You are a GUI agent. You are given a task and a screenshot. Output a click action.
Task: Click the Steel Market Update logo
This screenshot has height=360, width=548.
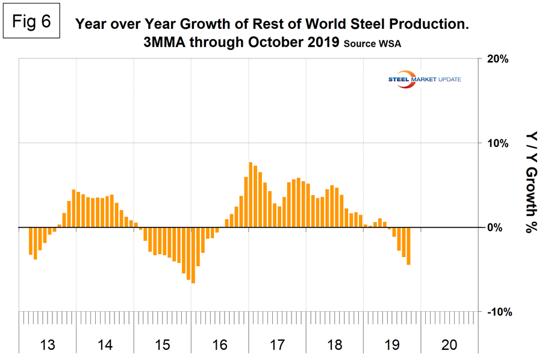click(428, 81)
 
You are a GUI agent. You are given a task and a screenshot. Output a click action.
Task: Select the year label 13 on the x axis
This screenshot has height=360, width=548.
click(48, 345)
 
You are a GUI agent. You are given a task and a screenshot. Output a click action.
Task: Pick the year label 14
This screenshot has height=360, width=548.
click(105, 345)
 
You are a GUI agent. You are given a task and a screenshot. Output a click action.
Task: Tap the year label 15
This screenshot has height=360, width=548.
click(162, 345)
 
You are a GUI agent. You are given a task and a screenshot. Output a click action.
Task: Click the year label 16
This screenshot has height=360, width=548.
click(220, 345)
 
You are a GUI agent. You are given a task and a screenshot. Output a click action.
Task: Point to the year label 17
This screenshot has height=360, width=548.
click(277, 345)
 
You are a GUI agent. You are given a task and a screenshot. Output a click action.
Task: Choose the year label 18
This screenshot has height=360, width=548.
click(335, 345)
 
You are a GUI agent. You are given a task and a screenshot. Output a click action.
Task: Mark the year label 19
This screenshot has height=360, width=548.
click(392, 345)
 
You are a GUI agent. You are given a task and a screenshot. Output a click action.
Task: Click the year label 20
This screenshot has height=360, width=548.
click(449, 345)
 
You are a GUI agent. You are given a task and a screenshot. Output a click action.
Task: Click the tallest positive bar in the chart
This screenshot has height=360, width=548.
click(251, 195)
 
